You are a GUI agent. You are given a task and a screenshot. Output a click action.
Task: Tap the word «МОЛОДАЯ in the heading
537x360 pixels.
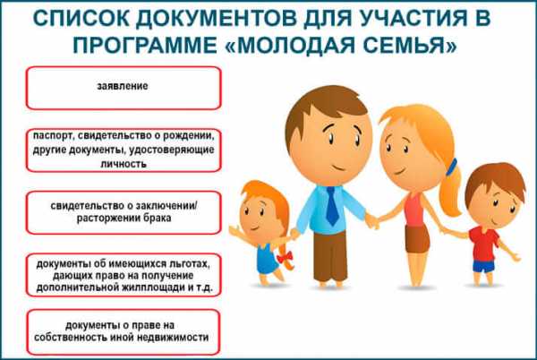coord(290,45)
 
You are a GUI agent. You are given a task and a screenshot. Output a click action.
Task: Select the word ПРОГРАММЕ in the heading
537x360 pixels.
coord(145,45)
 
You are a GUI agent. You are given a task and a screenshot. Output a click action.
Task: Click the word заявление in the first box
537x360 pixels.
coord(123,86)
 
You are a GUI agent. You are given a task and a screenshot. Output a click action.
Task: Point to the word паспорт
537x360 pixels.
coord(53,136)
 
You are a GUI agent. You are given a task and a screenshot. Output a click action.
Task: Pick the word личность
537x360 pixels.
coord(124,164)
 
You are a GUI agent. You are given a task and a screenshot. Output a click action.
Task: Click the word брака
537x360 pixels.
coord(158,218)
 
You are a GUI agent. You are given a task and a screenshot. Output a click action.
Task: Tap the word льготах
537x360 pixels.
coord(188,264)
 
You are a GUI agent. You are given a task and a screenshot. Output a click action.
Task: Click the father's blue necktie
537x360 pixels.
coord(332,206)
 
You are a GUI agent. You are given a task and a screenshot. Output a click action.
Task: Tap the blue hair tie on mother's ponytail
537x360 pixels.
coord(451,167)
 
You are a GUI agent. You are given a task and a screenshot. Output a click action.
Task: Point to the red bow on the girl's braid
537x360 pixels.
coord(285,256)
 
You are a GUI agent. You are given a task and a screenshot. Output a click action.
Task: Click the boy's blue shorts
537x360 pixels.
coord(484,266)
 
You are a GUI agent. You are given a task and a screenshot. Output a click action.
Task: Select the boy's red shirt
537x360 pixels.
coord(483,244)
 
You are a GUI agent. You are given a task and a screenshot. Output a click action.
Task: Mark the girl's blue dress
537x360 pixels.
coord(267,259)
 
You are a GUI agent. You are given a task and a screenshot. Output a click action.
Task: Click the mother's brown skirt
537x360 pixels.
coord(417,239)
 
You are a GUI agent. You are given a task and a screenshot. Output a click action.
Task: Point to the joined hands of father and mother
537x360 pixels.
coord(372,221)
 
